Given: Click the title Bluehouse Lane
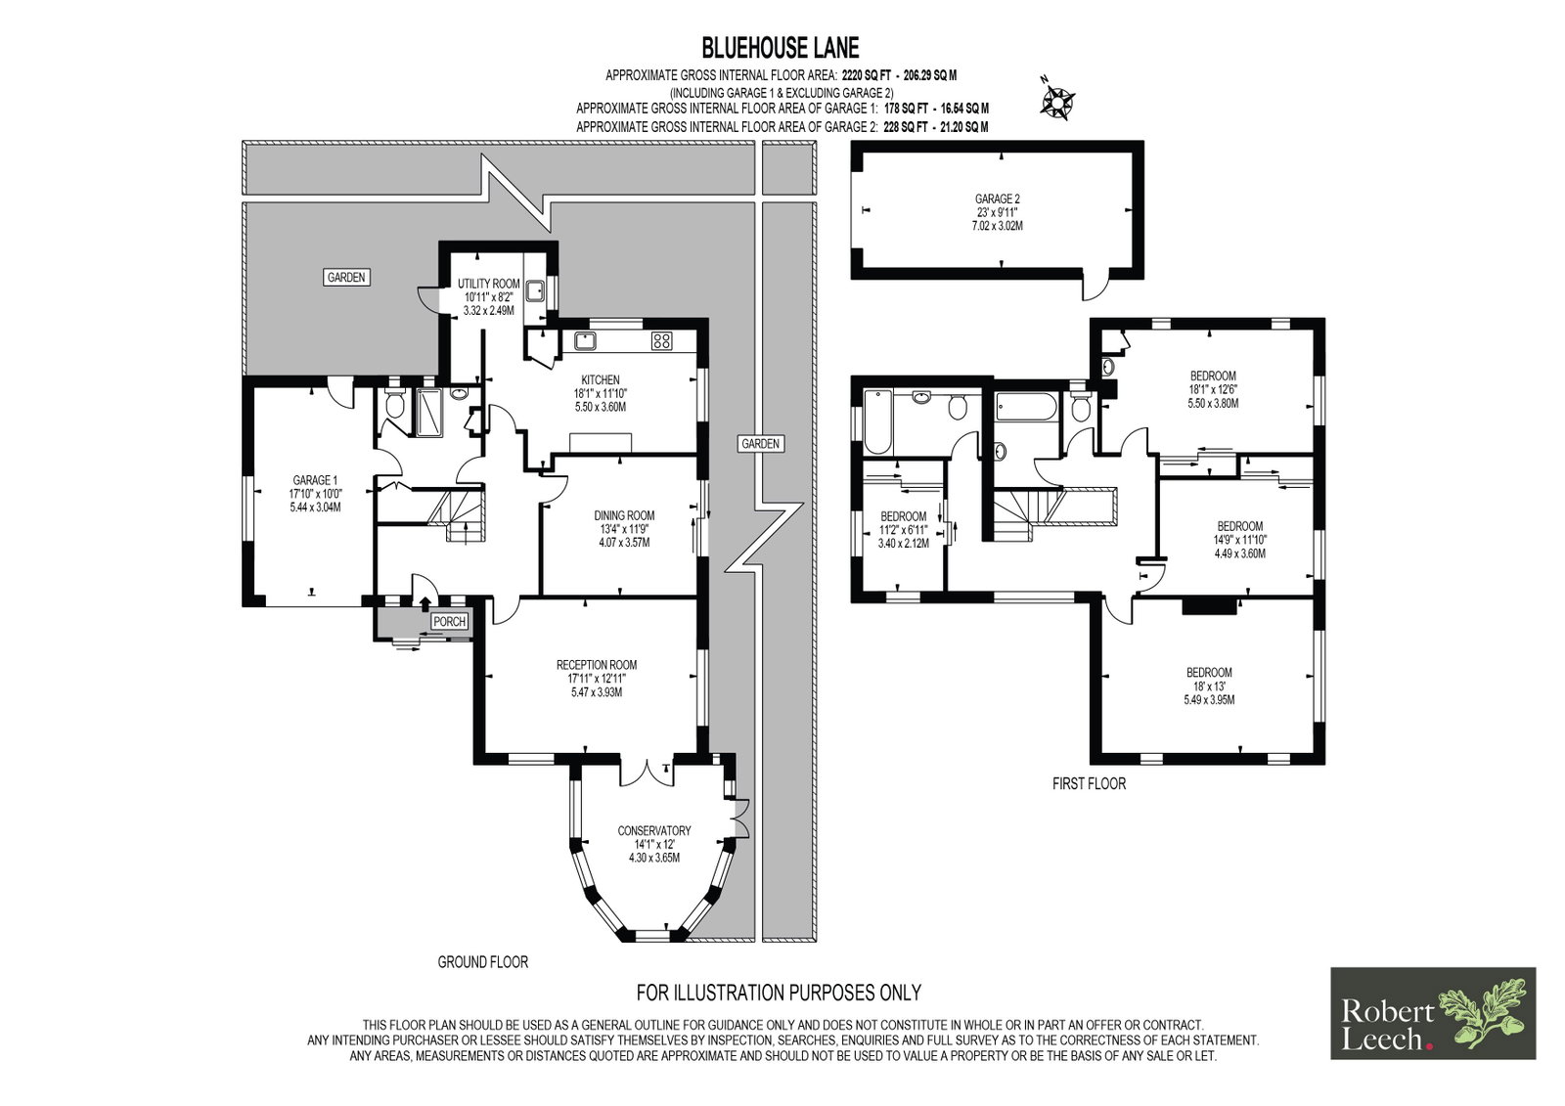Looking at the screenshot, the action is (781, 48).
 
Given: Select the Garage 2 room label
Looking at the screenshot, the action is (997, 199).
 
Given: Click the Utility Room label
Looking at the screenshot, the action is (488, 284).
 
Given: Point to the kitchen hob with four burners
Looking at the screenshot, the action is (661, 341).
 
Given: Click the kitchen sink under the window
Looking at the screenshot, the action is (584, 341).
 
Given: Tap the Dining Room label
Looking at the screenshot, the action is (624, 515).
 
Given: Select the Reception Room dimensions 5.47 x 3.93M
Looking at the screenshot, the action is (596, 692).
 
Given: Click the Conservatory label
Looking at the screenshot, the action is (654, 831).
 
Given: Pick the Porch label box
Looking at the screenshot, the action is (449, 622).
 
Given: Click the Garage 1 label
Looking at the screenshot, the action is (315, 480).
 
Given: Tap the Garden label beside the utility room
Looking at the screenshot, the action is (346, 278).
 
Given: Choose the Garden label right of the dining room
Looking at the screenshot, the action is (760, 444).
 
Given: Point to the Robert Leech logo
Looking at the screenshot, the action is (1433, 1013).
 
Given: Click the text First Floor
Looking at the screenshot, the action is (1090, 784).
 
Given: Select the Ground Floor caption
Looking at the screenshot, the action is (483, 962).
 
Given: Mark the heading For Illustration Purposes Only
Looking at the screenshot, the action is (779, 993).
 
